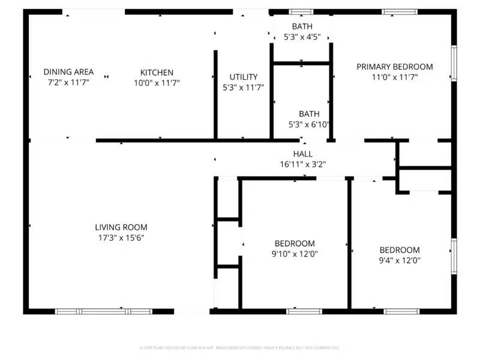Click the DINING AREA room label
[x=68, y=72]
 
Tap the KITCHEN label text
[x=157, y=73]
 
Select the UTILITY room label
[x=244, y=77]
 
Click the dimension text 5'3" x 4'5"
[x=302, y=37]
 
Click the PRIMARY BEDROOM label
[x=394, y=67]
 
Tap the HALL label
[x=302, y=154]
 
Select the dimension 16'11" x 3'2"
[x=302, y=164]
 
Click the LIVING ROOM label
[x=121, y=227]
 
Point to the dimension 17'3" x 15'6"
[x=121, y=238]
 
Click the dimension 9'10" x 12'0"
[x=295, y=254]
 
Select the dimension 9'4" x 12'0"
[x=399, y=260]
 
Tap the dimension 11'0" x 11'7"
[x=394, y=77]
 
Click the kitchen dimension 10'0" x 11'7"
[x=157, y=83]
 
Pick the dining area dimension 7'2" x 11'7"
[x=68, y=83]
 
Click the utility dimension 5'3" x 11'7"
[x=244, y=88]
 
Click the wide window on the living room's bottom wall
[x=103, y=311]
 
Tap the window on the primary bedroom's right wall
[x=454, y=63]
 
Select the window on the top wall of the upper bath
[x=301, y=11]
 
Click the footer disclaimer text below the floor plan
[x=239, y=348]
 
